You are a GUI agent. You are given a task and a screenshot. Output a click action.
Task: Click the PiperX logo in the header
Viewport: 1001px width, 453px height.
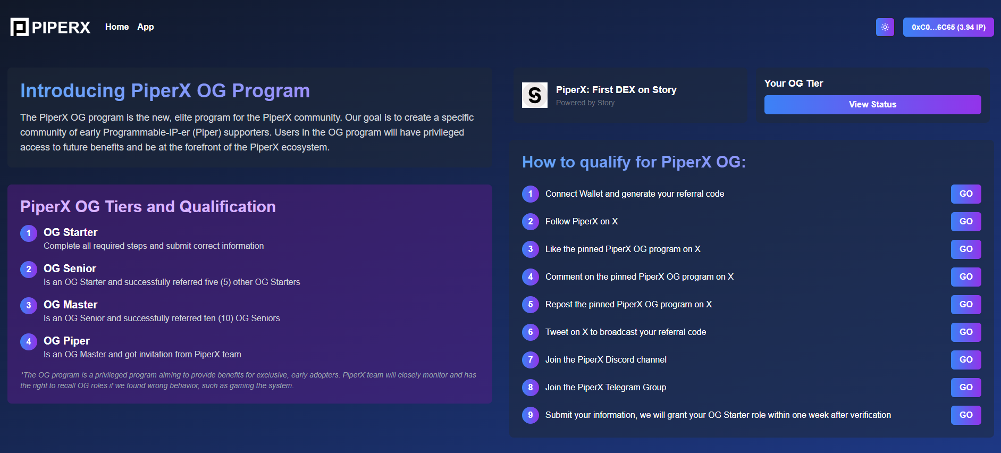click(x=51, y=27)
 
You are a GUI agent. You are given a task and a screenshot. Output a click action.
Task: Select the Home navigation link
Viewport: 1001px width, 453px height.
click(x=117, y=27)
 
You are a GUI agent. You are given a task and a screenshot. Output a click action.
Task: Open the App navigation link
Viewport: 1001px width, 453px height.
click(x=146, y=27)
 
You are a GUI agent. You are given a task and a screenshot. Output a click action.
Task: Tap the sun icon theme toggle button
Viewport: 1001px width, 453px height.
click(x=885, y=27)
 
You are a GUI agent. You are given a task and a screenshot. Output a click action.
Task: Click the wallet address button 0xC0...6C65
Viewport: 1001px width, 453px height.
click(x=948, y=27)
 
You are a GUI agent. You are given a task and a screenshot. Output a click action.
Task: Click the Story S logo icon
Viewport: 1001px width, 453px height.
click(x=535, y=95)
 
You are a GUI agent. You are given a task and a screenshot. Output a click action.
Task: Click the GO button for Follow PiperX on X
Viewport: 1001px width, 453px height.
click(x=966, y=222)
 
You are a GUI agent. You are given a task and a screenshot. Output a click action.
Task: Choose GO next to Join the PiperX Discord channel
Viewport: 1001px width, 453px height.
click(x=966, y=360)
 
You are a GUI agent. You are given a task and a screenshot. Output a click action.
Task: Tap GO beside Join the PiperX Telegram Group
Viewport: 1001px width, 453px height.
click(x=966, y=388)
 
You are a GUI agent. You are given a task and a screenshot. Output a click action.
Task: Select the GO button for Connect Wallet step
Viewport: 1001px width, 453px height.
click(x=966, y=194)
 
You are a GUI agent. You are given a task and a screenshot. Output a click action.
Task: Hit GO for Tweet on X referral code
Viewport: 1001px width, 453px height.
click(x=966, y=332)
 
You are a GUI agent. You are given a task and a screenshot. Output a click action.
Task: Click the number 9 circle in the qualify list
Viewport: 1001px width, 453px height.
click(x=531, y=415)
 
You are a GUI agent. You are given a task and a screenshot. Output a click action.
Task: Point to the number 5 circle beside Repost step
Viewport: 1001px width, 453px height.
click(x=531, y=305)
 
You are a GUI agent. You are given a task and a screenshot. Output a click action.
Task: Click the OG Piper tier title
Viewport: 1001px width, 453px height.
click(x=66, y=341)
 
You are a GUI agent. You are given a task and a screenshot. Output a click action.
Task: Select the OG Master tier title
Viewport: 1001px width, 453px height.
click(x=70, y=305)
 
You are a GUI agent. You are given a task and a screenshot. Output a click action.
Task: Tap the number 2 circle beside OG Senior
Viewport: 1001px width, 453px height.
click(x=29, y=270)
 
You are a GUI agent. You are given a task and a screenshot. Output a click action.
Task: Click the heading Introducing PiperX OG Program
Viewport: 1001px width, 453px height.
click(x=165, y=91)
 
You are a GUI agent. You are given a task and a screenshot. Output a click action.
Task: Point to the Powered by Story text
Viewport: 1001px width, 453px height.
click(x=585, y=103)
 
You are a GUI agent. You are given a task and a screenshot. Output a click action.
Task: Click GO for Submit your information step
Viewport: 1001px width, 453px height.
click(x=966, y=415)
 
